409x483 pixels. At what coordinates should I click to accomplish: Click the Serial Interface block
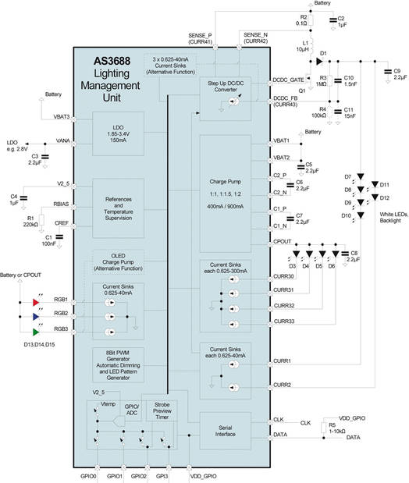tap(225, 427)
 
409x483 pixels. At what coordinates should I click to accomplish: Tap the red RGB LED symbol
tap(35, 300)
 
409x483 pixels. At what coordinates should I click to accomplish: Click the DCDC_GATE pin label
tap(290, 80)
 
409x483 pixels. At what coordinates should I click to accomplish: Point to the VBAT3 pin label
tap(62, 116)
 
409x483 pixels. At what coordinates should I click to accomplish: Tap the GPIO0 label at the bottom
tap(88, 474)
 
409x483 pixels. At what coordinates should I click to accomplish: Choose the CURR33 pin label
tap(285, 321)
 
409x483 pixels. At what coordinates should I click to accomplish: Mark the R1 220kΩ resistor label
tap(30, 221)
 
